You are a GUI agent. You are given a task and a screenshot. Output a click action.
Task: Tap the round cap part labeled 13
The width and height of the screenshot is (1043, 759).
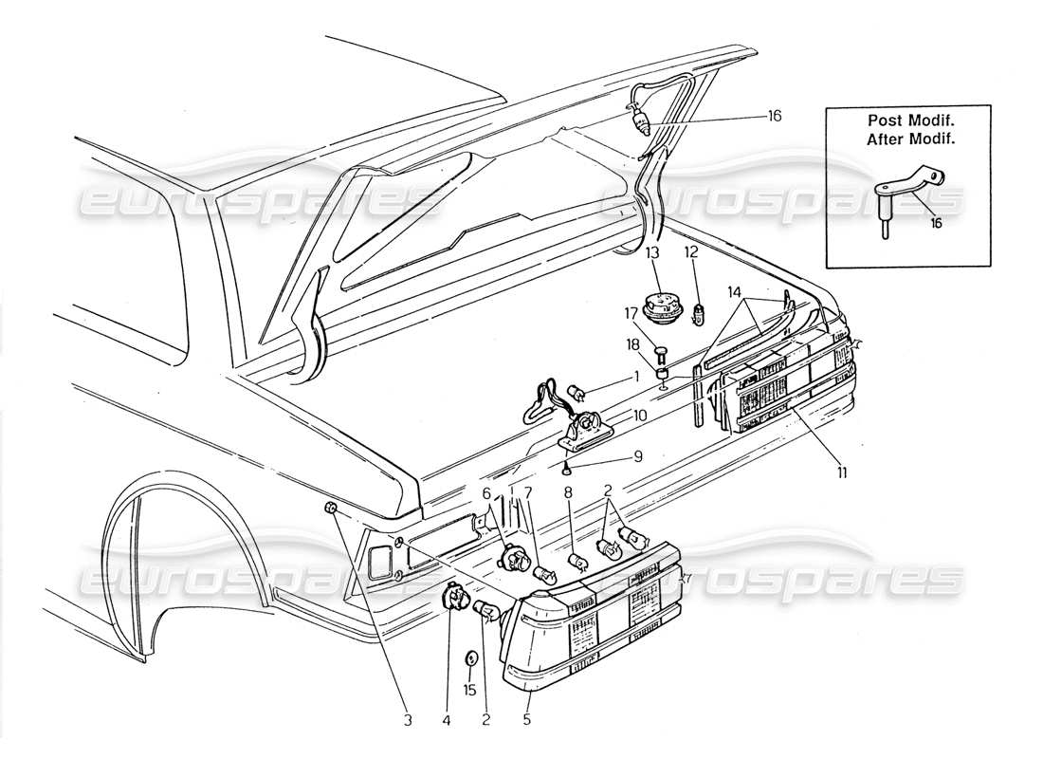pos(660,308)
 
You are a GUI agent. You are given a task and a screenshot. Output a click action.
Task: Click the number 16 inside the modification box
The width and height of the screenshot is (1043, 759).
pos(936,224)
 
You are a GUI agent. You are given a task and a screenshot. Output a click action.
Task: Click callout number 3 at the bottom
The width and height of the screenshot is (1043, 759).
pos(407,721)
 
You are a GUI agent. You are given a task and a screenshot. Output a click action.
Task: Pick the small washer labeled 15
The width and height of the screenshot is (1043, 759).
pos(471,658)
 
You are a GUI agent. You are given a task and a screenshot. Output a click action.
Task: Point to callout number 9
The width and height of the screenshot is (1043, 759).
pos(637,454)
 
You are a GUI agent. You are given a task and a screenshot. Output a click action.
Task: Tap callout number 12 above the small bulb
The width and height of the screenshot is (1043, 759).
pos(691,252)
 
